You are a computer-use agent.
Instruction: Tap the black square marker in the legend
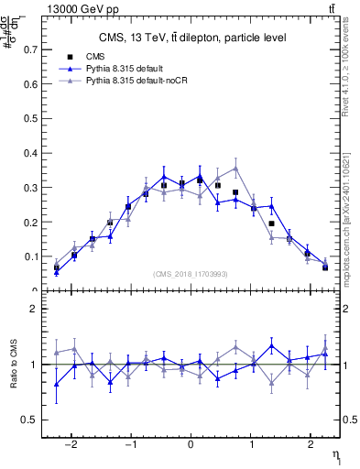point(70,57)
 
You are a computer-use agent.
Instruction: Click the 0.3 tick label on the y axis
point(33,187)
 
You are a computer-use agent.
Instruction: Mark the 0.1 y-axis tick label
point(33,256)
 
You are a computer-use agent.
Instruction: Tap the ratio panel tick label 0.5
point(31,420)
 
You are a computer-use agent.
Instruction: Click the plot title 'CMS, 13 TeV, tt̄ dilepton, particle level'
point(191,38)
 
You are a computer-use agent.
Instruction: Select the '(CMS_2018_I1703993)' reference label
point(191,274)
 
